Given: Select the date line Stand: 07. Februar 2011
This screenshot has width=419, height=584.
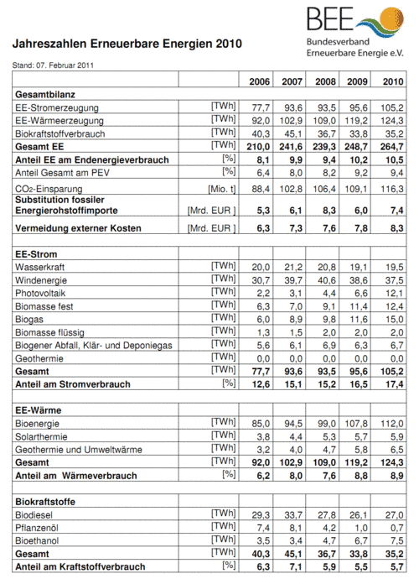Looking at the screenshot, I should click(x=51, y=65).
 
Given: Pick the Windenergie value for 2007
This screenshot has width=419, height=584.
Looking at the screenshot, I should click(x=290, y=279).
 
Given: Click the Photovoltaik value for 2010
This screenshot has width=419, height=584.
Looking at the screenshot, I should click(x=391, y=293).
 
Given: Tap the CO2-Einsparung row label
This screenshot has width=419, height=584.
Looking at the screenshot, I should click(x=54, y=188).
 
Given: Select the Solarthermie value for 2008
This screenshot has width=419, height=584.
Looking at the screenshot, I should click(x=323, y=437).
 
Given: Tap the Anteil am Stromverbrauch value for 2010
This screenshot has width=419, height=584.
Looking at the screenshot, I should click(x=391, y=385).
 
